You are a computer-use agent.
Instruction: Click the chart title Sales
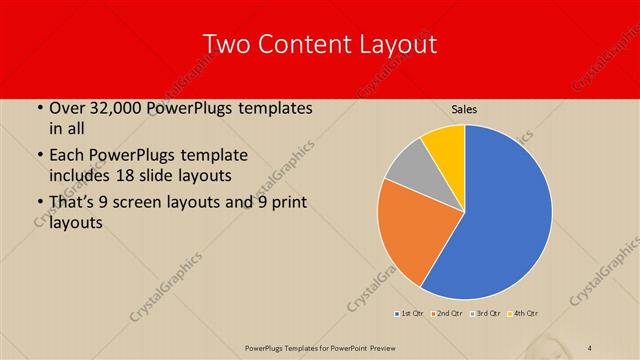[x=464, y=109]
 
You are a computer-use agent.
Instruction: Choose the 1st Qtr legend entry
[x=411, y=314]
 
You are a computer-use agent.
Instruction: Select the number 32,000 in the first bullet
[x=117, y=108]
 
